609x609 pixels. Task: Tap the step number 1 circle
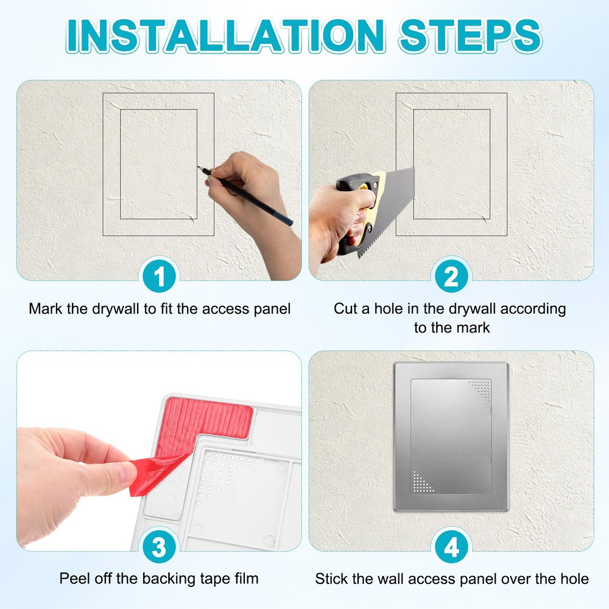(159, 278)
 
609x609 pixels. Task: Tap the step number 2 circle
(451, 278)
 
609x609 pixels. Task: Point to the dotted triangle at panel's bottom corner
(421, 482)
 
